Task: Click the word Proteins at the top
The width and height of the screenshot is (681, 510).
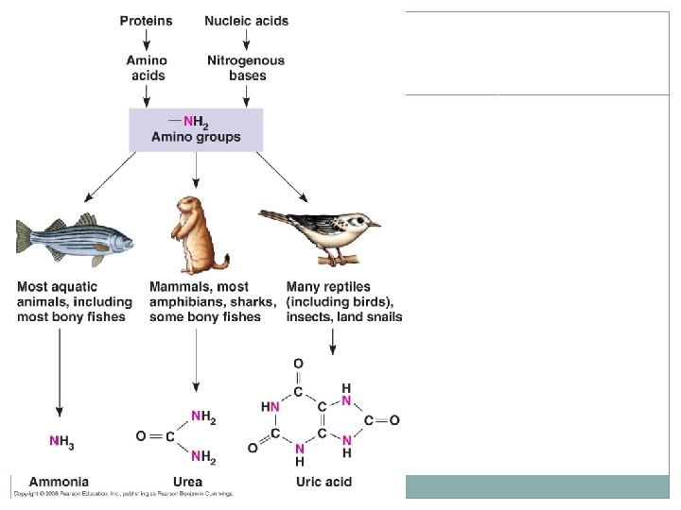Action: [x=146, y=21]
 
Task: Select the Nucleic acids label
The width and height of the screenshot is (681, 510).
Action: [x=247, y=21]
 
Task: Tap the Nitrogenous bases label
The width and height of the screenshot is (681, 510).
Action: [x=246, y=68]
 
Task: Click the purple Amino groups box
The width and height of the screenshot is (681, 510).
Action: [x=196, y=128]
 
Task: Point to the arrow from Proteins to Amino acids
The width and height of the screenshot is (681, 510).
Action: [x=146, y=40]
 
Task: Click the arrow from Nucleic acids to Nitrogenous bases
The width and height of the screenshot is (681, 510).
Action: [x=247, y=40]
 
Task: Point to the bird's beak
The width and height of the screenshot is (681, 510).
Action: [x=375, y=225]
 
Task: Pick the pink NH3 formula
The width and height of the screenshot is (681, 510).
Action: [x=61, y=441]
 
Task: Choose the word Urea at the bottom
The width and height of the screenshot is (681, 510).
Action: [x=188, y=482]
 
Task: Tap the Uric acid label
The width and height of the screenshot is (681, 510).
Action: [x=323, y=482]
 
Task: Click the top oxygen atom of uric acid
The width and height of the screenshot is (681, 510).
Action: [x=299, y=364]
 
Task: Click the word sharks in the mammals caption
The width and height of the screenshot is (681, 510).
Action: [x=253, y=302]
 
